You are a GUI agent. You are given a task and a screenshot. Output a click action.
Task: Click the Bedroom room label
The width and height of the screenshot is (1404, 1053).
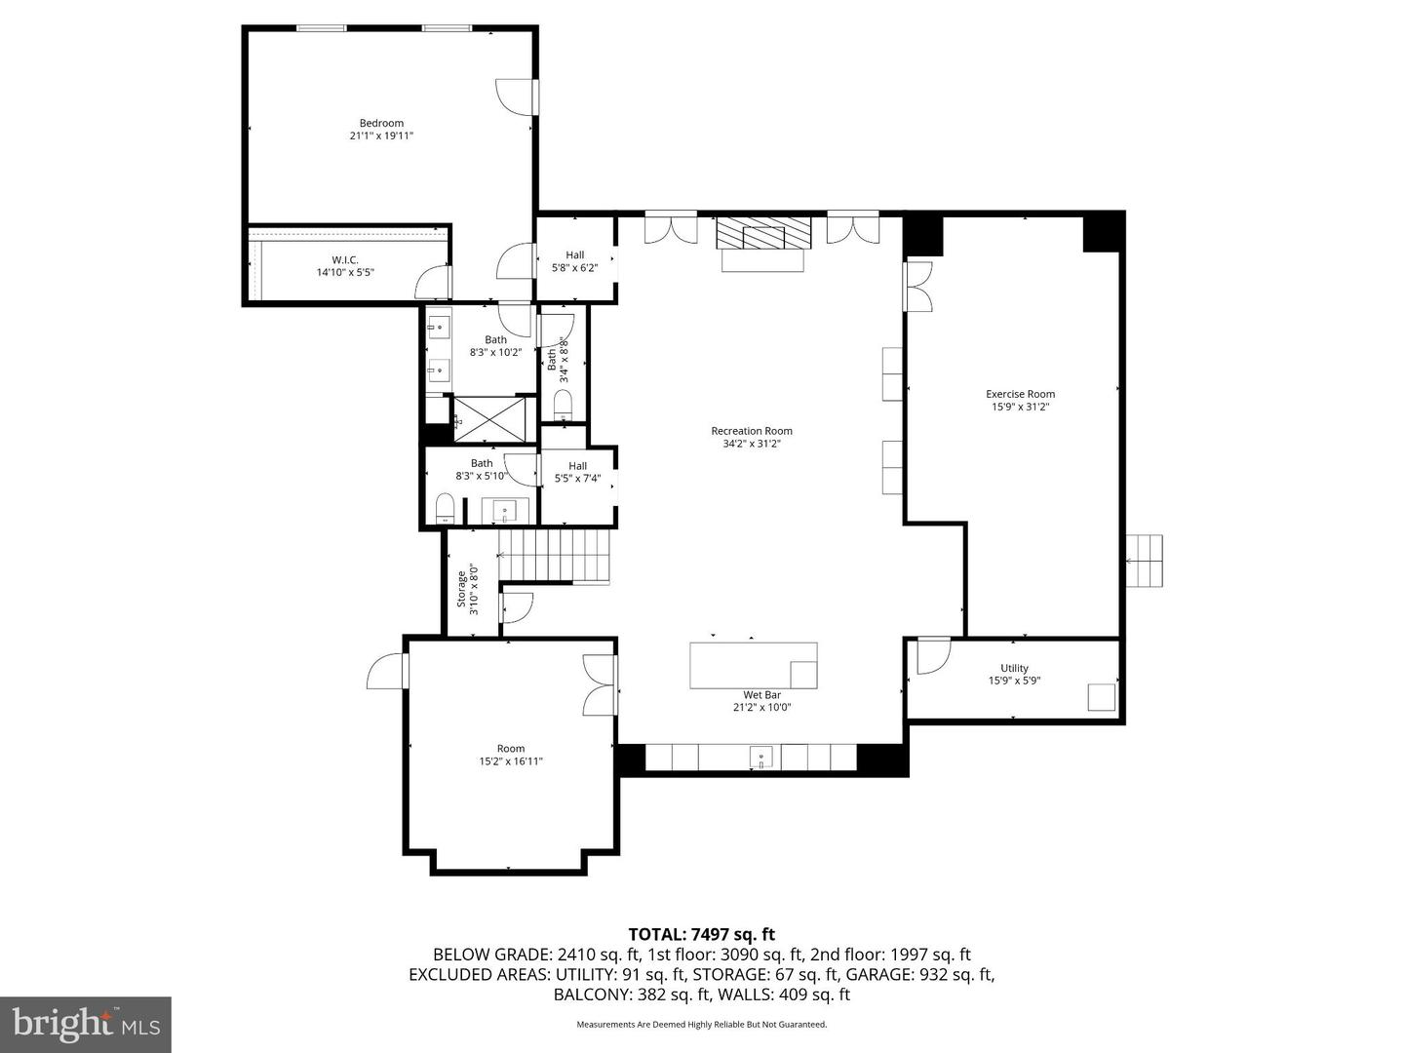coord(381,123)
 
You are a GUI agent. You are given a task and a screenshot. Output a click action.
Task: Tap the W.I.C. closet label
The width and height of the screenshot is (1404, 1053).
coord(345,260)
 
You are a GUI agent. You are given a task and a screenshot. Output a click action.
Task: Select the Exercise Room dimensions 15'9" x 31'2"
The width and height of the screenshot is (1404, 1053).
coord(1020,407)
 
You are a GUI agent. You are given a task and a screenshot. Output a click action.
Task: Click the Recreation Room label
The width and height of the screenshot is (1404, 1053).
coord(751,431)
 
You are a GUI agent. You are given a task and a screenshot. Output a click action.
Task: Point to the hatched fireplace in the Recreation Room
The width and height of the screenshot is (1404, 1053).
coord(763,235)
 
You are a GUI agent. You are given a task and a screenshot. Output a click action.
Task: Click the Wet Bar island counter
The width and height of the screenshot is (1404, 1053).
coord(753,665)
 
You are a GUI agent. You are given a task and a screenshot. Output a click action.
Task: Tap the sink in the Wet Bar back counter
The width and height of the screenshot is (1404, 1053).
coord(761,757)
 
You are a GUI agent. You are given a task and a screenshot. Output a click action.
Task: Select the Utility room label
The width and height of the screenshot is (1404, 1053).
coord(1014,669)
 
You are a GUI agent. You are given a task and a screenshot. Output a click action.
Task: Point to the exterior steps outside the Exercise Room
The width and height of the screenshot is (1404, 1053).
coord(1146,562)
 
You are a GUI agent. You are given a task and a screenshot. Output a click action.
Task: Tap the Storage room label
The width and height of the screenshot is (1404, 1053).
coord(461,589)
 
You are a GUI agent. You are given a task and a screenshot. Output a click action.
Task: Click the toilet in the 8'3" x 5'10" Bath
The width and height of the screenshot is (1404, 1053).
coord(445,507)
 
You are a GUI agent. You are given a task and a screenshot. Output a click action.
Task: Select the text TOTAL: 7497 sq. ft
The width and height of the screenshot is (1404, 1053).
coord(701,935)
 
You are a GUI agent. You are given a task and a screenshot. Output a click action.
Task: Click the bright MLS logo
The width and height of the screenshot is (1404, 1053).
coord(86,1024)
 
